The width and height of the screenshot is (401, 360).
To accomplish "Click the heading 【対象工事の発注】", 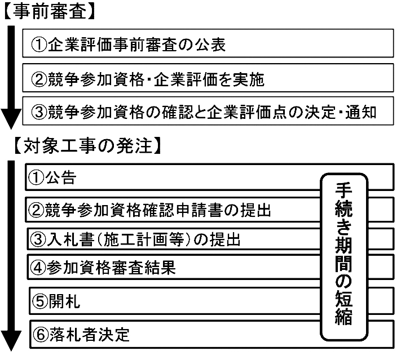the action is point(87,146).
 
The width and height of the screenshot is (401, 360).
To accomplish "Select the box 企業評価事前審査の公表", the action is point(208,43).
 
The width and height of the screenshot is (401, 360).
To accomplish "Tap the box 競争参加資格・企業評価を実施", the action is point(208,78).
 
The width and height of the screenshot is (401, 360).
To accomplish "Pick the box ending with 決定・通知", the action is point(208,111).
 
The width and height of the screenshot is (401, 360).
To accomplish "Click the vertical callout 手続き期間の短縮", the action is point(344,257).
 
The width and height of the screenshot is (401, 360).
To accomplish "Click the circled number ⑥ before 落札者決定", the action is point(41,335).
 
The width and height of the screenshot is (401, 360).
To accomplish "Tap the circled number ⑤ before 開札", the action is point(40,301).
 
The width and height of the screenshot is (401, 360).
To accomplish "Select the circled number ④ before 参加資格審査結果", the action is point(38,268).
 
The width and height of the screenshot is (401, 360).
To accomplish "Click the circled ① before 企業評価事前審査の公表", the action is point(39,45).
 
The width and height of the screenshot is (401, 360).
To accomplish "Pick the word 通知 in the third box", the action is point(360,112).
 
